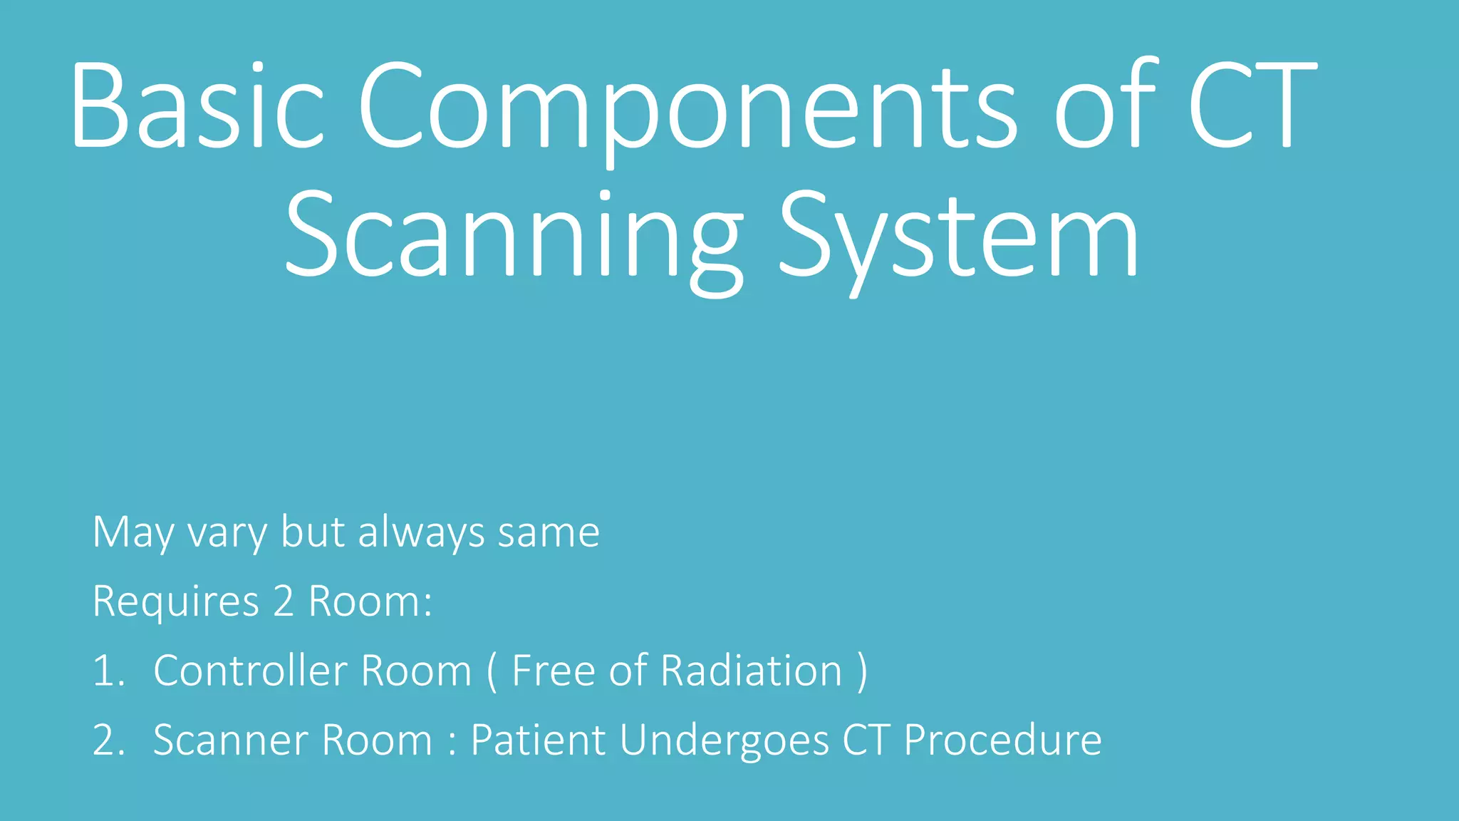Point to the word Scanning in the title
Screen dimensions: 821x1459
pos(513,235)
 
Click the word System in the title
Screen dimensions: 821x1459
pos(959,235)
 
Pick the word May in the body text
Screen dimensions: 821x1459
pos(133,532)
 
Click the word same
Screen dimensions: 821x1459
pos(549,532)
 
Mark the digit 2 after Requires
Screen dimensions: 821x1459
pos(284,601)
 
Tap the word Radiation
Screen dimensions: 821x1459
pos(751,671)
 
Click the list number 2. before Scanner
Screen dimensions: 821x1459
pos(108,740)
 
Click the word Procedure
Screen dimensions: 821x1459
pos(1003,740)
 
